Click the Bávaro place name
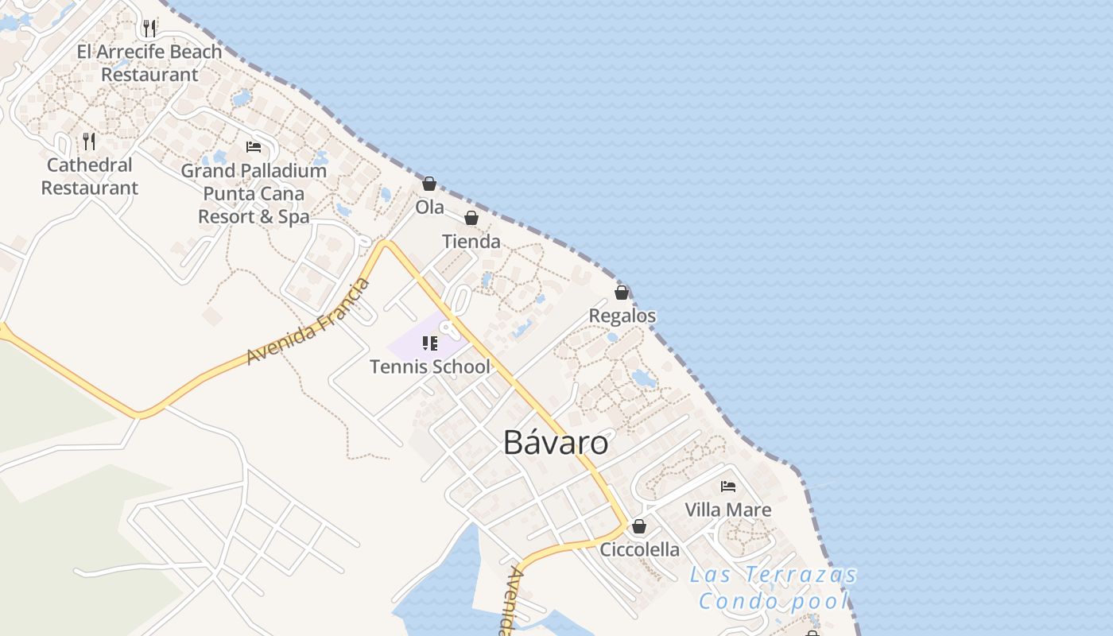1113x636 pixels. click(556, 443)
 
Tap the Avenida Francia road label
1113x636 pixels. click(309, 321)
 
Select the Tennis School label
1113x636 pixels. click(430, 366)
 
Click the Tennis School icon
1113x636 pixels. click(430, 343)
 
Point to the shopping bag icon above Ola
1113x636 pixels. click(429, 184)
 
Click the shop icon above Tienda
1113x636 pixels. click(471, 218)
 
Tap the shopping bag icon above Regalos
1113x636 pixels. click(622, 293)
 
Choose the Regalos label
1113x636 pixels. click(622, 316)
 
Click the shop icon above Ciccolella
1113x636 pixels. click(638, 526)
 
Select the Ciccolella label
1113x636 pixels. click(640, 549)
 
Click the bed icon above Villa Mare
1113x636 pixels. click(728, 487)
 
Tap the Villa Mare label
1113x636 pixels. click(728, 510)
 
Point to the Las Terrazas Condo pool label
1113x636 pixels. click(774, 588)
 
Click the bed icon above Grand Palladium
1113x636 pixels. click(254, 147)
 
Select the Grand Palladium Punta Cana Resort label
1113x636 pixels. click(254, 193)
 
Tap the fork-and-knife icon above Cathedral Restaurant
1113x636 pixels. click(89, 142)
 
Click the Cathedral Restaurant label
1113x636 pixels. click(90, 176)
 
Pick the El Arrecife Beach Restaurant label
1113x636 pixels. click(149, 63)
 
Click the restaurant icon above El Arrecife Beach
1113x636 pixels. click(149, 29)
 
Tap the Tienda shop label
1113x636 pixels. click(471, 241)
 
